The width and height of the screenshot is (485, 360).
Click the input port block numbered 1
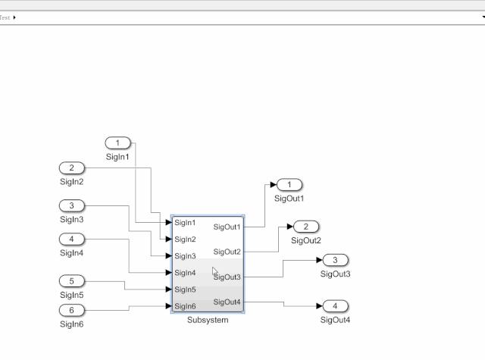118,143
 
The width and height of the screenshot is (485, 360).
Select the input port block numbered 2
72,168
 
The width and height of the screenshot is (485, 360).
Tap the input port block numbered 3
72,205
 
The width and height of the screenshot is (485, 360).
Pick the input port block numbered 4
72,239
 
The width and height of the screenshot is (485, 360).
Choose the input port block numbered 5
72,281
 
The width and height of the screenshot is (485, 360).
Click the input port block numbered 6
72,310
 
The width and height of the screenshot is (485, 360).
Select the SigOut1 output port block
289,185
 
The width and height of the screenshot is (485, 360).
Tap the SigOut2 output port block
306,227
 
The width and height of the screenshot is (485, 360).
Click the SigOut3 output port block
335,260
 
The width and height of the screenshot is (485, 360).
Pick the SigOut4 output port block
335,306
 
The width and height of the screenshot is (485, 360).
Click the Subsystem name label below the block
208,320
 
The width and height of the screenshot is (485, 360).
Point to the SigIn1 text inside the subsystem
185,223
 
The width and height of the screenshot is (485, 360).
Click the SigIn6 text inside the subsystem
185,306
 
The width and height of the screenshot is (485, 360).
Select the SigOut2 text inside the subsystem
227,252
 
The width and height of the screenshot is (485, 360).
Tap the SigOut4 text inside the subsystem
227,302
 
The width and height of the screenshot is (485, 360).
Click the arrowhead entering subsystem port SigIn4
168,273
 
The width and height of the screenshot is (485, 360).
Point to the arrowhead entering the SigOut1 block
273,185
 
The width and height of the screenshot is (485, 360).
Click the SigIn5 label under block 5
72,295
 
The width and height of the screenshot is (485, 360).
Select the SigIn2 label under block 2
72,182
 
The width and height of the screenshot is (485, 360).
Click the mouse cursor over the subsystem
215,271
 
